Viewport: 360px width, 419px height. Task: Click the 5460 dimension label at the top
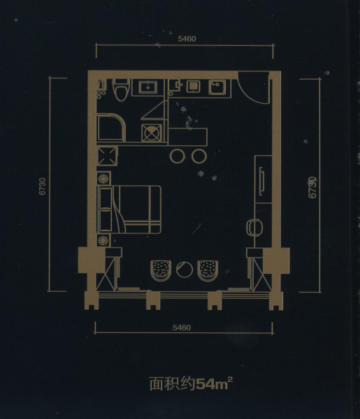pyautogui.click(x=187, y=38)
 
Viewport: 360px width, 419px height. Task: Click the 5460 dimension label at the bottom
pyautogui.click(x=182, y=328)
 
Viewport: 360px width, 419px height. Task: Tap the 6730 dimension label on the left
pyautogui.click(x=43, y=186)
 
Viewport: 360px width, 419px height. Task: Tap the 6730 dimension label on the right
pyautogui.click(x=312, y=187)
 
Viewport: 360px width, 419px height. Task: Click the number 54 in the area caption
pyautogui.click(x=206, y=385)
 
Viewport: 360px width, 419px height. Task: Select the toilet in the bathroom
pyautogui.click(x=121, y=89)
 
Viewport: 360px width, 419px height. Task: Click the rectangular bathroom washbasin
pyautogui.click(x=147, y=87)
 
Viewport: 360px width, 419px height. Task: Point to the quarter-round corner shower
pyautogui.click(x=110, y=128)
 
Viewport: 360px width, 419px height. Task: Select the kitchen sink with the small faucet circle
pyautogui.click(x=217, y=88)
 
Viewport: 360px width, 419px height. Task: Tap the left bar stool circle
pyautogui.click(x=177, y=156)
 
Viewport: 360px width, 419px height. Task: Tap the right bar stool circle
pyautogui.click(x=199, y=156)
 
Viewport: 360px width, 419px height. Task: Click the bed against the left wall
pyautogui.click(x=130, y=209)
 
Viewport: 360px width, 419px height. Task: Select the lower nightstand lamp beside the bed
pyautogui.click(x=103, y=241)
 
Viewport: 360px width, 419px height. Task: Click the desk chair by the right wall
pyautogui.click(x=254, y=228)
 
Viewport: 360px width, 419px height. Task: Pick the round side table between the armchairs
pyautogui.click(x=185, y=269)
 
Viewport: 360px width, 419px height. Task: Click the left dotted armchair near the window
pyautogui.click(x=161, y=270)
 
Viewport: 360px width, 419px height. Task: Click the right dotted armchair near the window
pyautogui.click(x=208, y=270)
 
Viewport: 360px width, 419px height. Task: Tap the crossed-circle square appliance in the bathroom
pyautogui.click(x=152, y=133)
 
